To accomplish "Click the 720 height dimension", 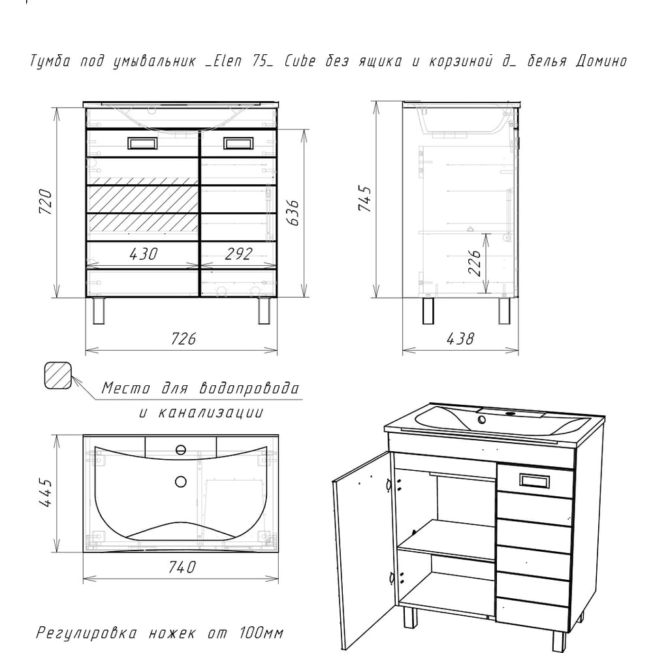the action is pyautogui.click(x=46, y=202).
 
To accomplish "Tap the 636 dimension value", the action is pyautogui.click(x=293, y=212).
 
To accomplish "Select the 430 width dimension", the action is pyautogui.click(x=144, y=253).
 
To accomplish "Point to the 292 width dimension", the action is pyautogui.click(x=238, y=253).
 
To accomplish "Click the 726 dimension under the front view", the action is pyautogui.click(x=183, y=338).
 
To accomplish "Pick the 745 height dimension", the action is pyautogui.click(x=365, y=199).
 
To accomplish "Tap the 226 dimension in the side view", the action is pyautogui.click(x=474, y=263).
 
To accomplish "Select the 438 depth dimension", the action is pyautogui.click(x=460, y=338).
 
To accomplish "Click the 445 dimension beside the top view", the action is pyautogui.click(x=46, y=492).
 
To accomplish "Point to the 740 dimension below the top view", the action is pyautogui.click(x=182, y=567).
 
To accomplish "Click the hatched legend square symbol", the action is pyautogui.click(x=58, y=375).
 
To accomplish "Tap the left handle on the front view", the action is pyautogui.click(x=142, y=143).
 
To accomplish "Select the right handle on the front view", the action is pyautogui.click(x=238, y=143).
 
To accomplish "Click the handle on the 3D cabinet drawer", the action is pyautogui.click(x=535, y=481).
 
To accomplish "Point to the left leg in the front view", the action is pyautogui.click(x=99, y=311).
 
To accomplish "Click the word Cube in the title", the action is pyautogui.click(x=300, y=61).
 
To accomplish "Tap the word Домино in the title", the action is pyautogui.click(x=601, y=61).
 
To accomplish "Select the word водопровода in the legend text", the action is pyautogui.click(x=249, y=388).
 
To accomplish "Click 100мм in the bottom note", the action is pyautogui.click(x=262, y=633).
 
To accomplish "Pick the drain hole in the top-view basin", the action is pyautogui.click(x=180, y=481).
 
